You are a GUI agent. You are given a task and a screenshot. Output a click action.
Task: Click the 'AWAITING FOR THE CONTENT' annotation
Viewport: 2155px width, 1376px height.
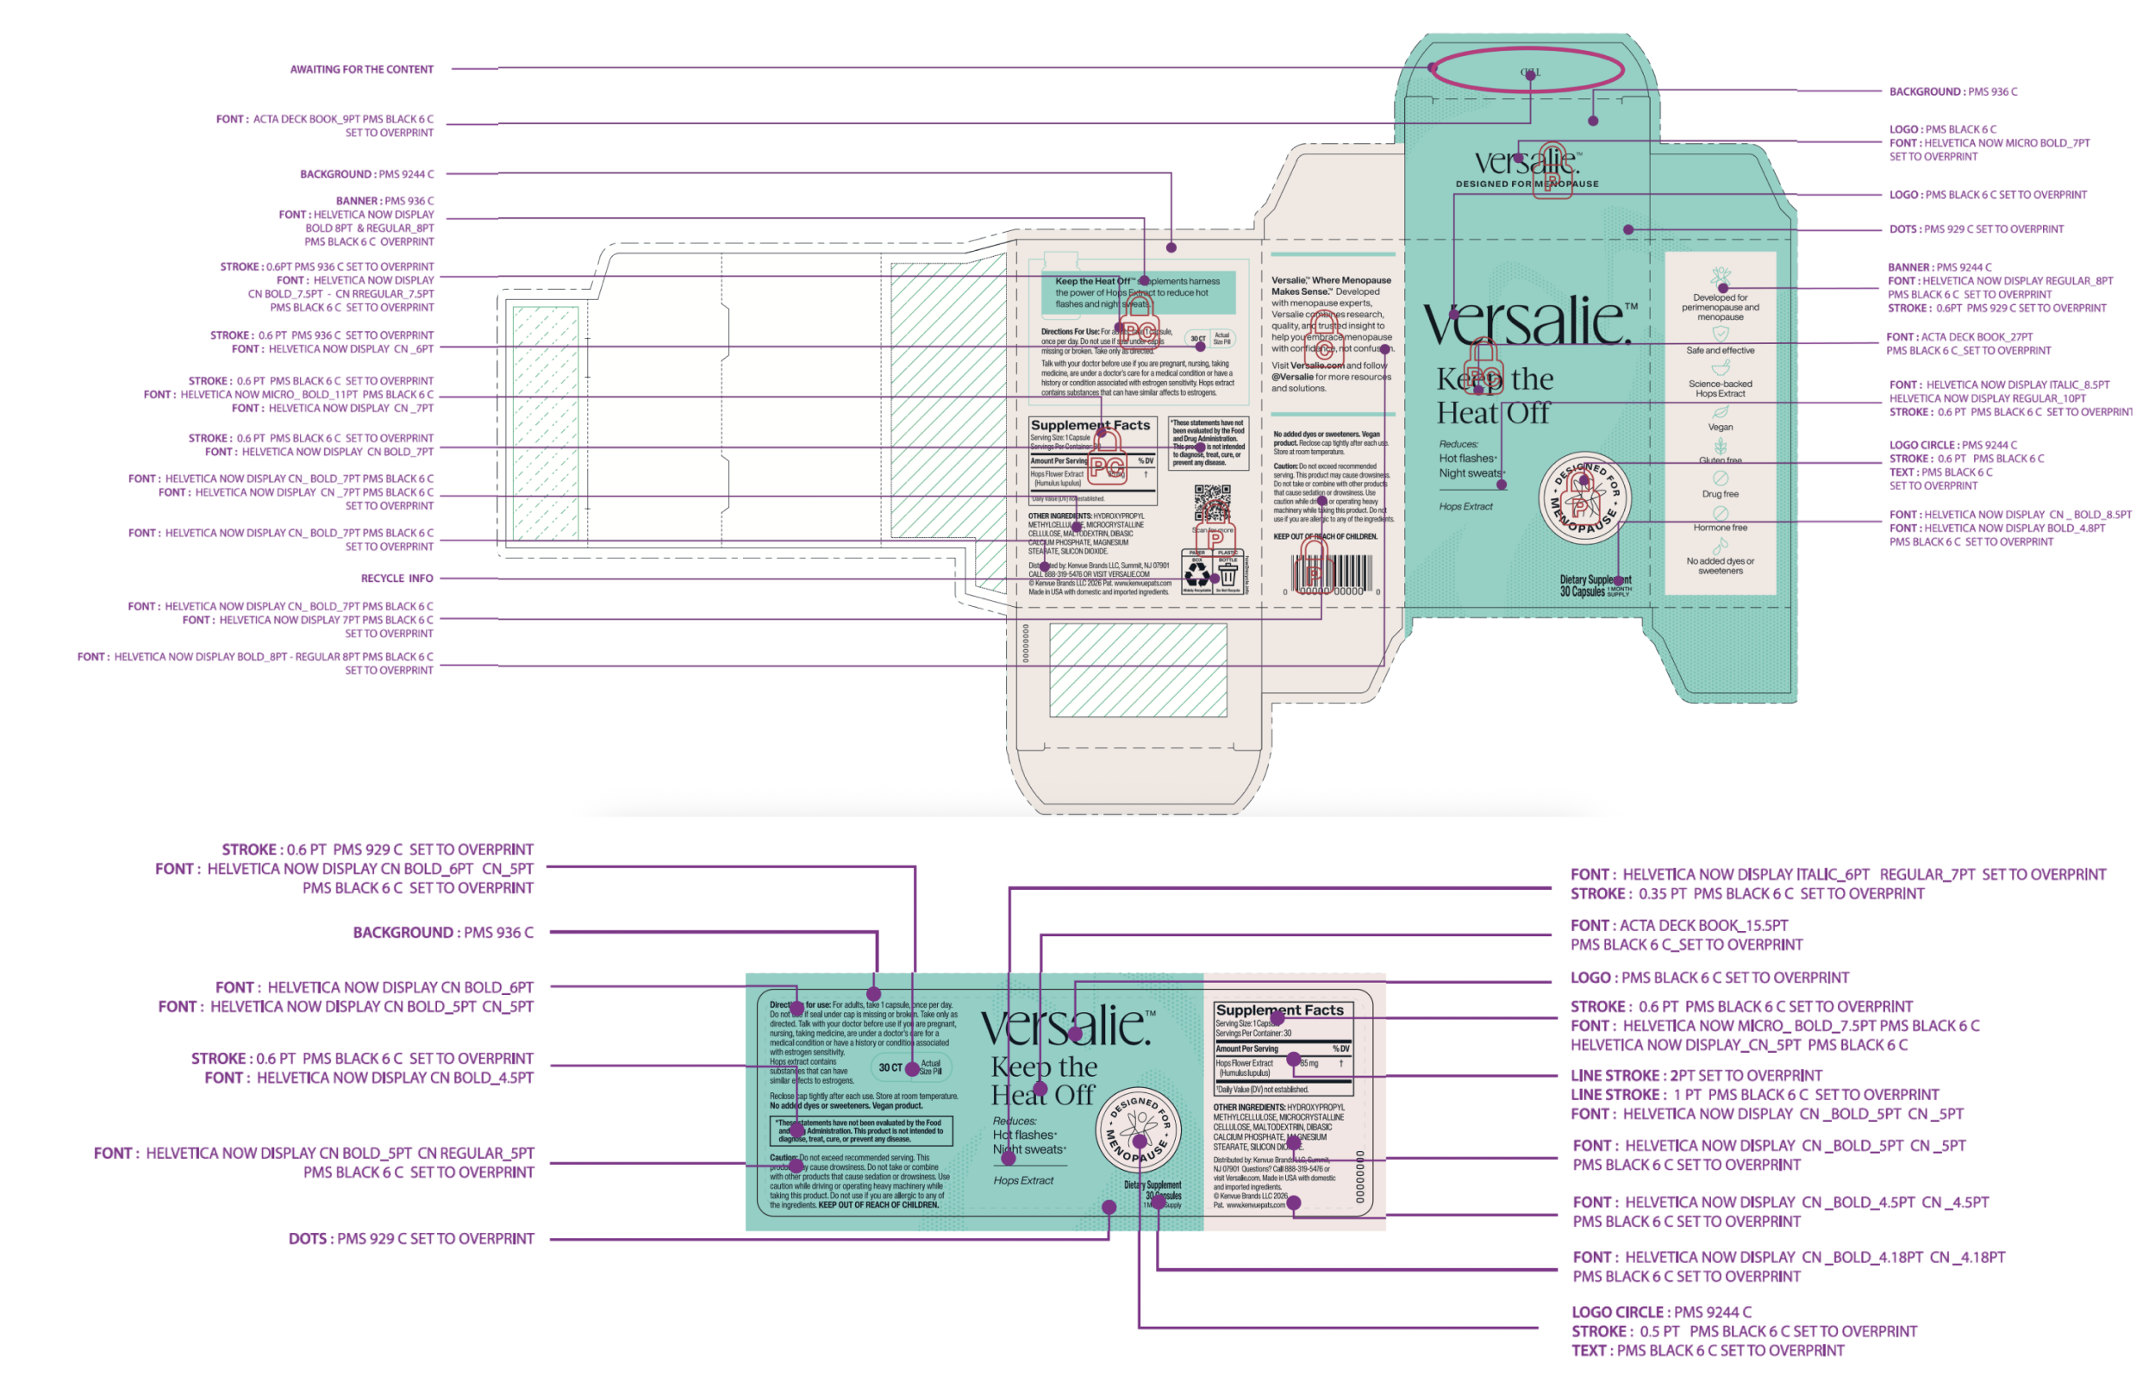pos(361,70)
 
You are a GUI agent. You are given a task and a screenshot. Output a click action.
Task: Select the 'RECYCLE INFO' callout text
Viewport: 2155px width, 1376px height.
pos(397,579)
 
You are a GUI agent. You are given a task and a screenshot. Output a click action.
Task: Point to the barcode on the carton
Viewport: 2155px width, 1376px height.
pos(1331,572)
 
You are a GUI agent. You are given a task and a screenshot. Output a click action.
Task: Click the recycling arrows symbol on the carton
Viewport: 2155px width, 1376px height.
pos(1196,573)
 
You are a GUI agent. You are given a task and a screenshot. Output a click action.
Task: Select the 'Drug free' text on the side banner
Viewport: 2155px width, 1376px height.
pos(1720,494)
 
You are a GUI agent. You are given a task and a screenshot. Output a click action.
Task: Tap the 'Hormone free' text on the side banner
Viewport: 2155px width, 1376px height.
pos(1720,529)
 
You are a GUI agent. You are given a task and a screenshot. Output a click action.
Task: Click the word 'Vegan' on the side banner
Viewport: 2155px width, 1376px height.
pos(1720,427)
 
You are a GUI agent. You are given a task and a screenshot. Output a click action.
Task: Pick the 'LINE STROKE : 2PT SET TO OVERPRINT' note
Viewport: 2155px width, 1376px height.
pos(1696,1075)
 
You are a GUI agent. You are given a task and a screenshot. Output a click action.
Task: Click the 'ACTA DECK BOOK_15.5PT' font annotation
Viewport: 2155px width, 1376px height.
pos(1680,926)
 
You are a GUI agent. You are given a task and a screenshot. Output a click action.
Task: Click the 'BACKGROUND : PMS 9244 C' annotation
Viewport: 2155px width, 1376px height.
pos(367,174)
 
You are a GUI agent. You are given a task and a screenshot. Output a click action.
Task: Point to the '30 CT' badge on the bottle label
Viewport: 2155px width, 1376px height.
pos(891,1067)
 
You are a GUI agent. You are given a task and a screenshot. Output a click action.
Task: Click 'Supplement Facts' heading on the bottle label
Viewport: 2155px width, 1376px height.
pos(1280,1010)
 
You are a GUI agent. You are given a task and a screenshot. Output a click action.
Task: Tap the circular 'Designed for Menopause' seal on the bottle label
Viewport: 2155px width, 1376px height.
pos(1139,1129)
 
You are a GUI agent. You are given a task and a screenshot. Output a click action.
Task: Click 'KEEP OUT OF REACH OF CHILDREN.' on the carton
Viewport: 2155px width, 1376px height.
pos(1326,537)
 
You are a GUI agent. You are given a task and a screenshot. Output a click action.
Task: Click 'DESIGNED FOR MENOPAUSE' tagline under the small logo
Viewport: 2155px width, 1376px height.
pos(1527,185)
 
